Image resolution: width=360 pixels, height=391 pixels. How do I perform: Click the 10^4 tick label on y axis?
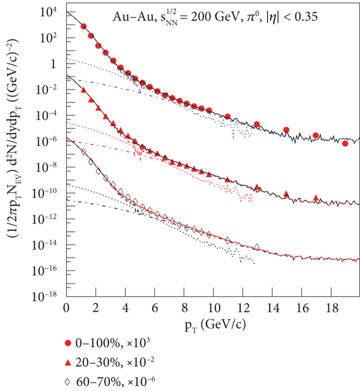49,12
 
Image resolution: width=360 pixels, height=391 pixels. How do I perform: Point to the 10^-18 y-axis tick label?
46,296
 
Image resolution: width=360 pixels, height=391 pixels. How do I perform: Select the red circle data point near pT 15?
286,130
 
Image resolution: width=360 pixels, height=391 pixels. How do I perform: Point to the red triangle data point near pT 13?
257,187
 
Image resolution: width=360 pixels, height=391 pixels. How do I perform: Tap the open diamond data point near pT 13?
257,246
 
